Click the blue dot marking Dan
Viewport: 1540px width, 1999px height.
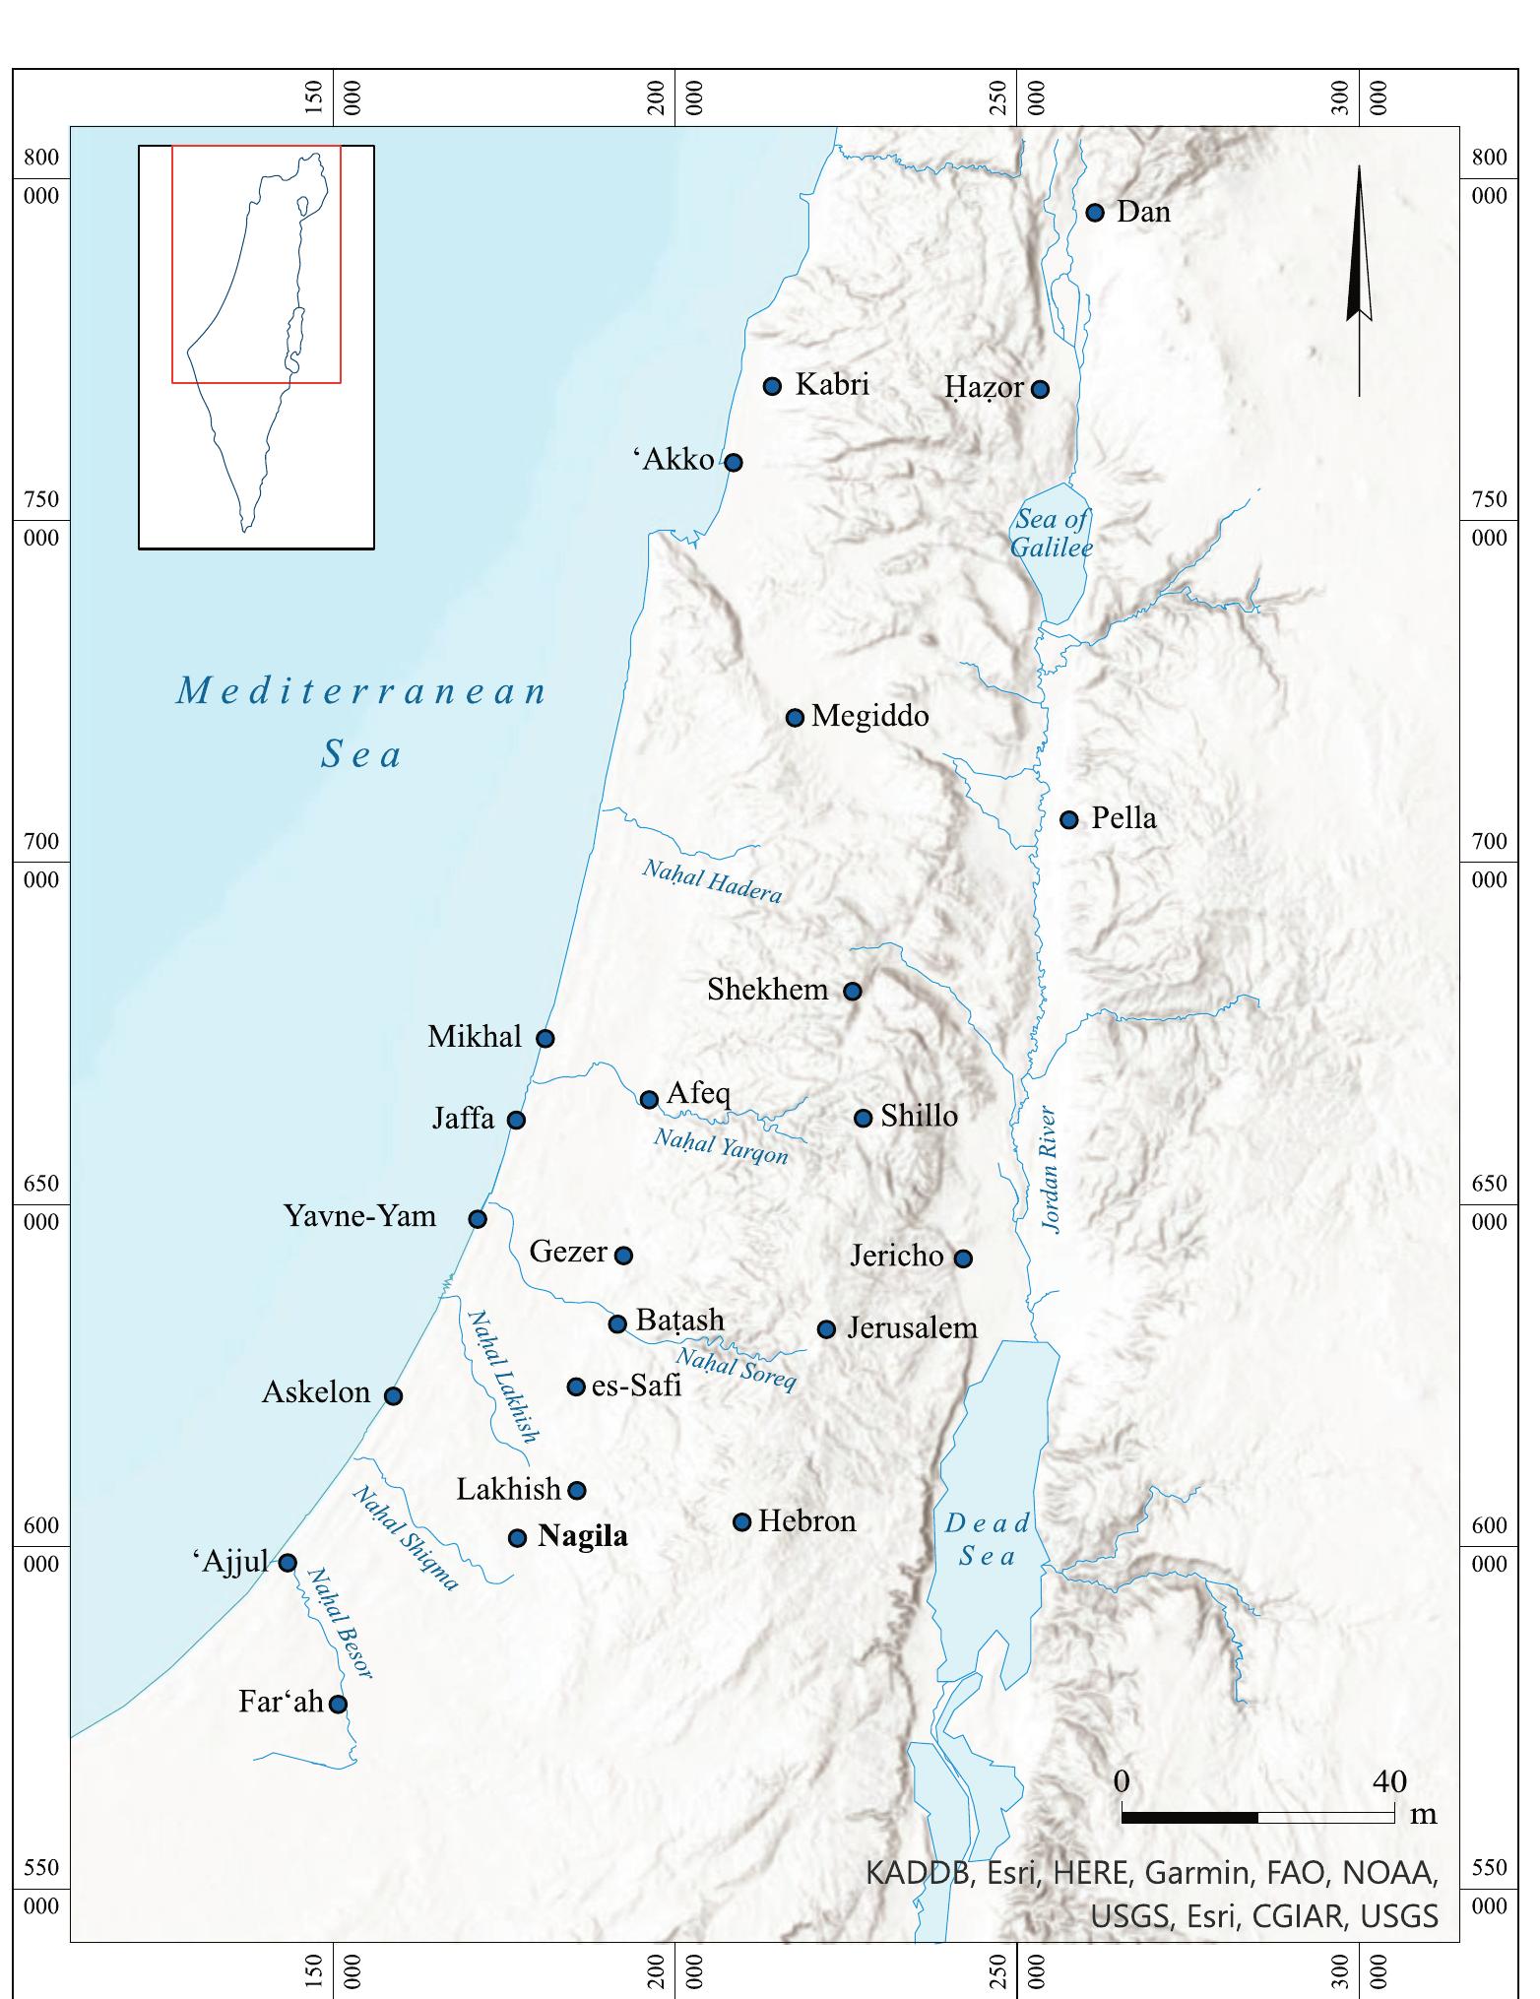coord(1094,213)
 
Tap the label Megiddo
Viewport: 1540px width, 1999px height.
coord(869,716)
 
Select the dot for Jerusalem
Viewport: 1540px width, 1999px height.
coord(827,1329)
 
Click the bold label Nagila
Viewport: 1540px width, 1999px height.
coord(582,1537)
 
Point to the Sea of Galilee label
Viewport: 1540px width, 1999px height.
coord(1053,533)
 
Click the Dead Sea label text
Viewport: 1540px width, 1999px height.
coord(987,1539)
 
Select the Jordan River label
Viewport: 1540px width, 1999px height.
coord(1051,1170)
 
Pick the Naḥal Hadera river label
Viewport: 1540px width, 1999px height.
coord(712,880)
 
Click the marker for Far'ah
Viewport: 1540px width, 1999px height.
coord(338,1704)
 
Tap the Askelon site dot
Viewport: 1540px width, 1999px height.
coord(393,1395)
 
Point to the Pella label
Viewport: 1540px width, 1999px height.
coord(1123,818)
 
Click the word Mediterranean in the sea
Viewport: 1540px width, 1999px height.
coord(361,691)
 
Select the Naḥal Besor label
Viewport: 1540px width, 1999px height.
coord(340,1623)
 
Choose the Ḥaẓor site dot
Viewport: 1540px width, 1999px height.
coord(1040,389)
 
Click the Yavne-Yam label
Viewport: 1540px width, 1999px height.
coord(360,1216)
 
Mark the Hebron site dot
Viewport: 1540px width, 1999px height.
coord(742,1522)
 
